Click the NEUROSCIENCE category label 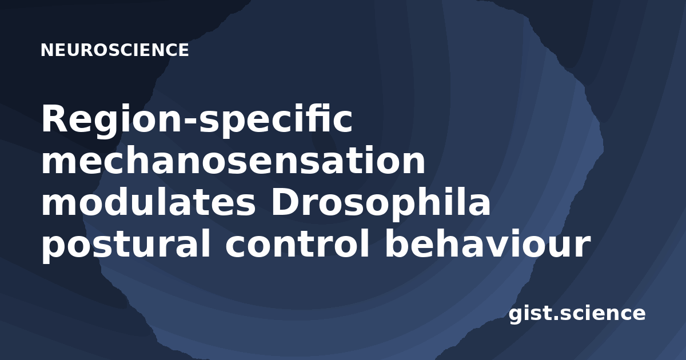pyautogui.click(x=115, y=50)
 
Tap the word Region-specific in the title pyautogui.click(x=197, y=119)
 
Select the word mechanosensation pyautogui.click(x=233, y=160)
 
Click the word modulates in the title pyautogui.click(x=149, y=202)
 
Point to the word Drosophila pyautogui.click(x=381, y=204)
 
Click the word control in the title pyautogui.click(x=297, y=243)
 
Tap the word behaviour pyautogui.click(x=488, y=243)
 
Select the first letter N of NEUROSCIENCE pyautogui.click(x=47, y=50)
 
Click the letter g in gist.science pyautogui.click(x=516, y=315)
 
